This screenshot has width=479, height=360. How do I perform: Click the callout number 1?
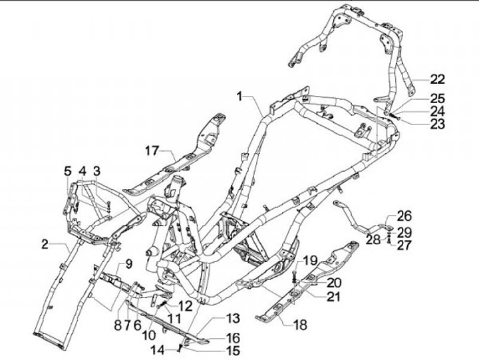tap(239, 97)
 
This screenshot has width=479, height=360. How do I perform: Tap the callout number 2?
tap(45, 244)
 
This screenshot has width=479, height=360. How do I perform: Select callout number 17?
tap(152, 150)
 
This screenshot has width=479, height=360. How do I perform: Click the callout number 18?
tap(300, 325)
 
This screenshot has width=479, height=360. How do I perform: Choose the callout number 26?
tap(404, 216)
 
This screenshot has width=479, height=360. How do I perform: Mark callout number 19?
tap(311, 260)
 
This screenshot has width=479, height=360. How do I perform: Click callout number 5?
tap(68, 172)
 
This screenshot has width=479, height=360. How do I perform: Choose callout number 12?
tap(186, 305)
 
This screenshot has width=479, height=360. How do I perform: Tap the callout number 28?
tap(373, 238)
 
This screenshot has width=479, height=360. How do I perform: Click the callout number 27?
tap(404, 245)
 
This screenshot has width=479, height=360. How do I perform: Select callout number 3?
tap(96, 172)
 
